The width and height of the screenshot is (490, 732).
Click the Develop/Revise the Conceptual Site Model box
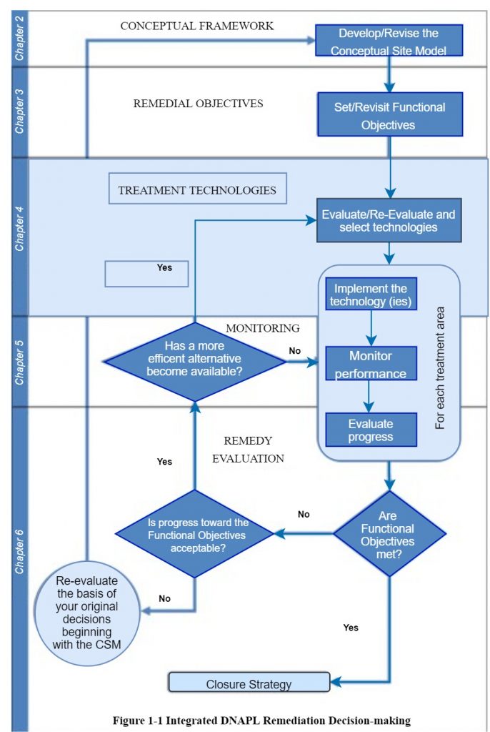pyautogui.click(x=389, y=41)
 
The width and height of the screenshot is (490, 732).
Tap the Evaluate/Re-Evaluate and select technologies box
pyautogui.click(x=389, y=221)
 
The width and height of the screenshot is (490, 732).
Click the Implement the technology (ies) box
pyautogui.click(x=369, y=295)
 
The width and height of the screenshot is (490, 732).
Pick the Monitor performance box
pyautogui.click(x=369, y=364)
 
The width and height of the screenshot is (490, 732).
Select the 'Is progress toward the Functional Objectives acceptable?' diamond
pyautogui.click(x=194, y=534)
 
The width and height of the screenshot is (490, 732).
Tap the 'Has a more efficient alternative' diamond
pyautogui.click(x=194, y=361)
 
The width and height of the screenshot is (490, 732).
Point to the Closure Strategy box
pyautogui.click(x=249, y=683)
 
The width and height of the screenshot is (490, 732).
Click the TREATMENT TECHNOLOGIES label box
pyautogui.click(x=197, y=190)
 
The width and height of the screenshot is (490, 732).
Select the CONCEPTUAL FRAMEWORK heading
pyautogui.click(x=197, y=26)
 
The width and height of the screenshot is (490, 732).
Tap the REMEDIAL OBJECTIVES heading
pyautogui.click(x=198, y=103)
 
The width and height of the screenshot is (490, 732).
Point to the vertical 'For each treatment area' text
pyautogui.click(x=440, y=368)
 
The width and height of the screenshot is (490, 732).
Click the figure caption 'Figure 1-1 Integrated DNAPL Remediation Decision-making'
pyautogui.click(x=261, y=720)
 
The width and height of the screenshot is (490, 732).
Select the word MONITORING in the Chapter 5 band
pyautogui.click(x=263, y=328)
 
